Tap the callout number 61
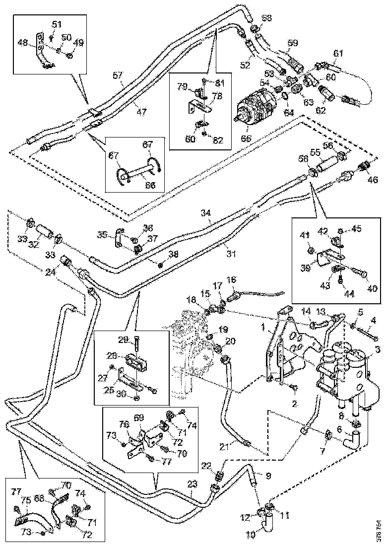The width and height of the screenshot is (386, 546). click(338, 53)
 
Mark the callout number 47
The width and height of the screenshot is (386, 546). click(142, 112)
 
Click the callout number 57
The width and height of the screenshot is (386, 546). click(117, 75)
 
